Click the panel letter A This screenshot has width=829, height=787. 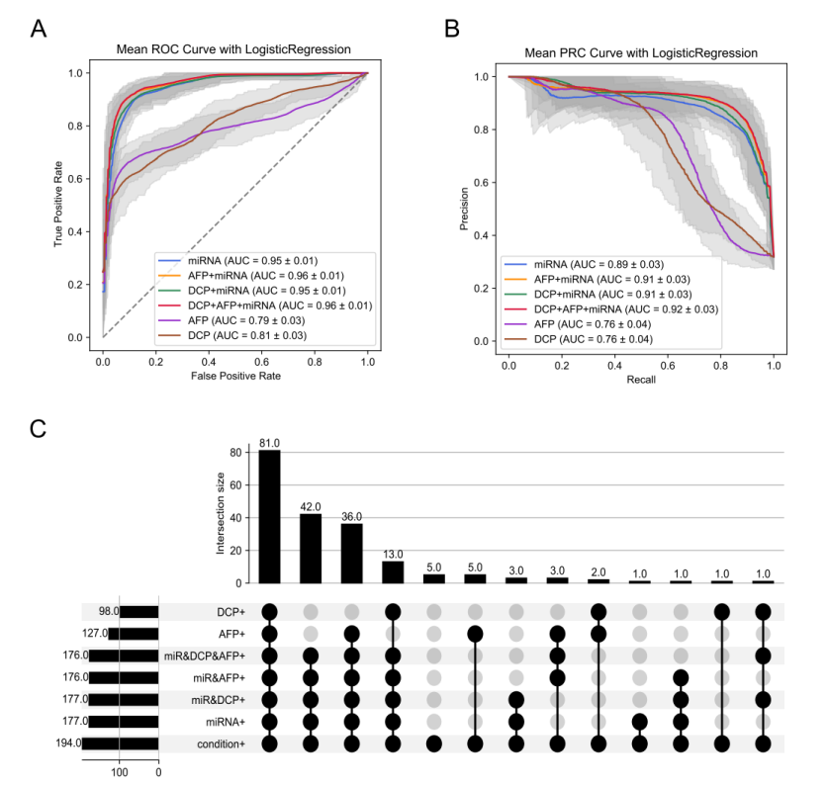(x=39, y=27)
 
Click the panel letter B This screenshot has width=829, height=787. (x=451, y=27)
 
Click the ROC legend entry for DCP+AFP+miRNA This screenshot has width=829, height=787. (x=263, y=306)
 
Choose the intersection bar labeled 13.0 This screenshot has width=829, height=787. (x=394, y=572)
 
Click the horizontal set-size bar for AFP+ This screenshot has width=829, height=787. (x=134, y=634)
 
